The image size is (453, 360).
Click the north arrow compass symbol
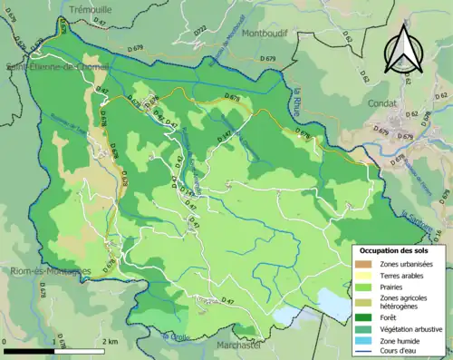[x=404, y=47]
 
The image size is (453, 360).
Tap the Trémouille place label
[x=84, y=6]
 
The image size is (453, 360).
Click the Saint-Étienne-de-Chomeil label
[x=56, y=66]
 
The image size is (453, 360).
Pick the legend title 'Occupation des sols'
[x=400, y=250]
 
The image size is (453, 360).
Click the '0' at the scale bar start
[x=6, y=341]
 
